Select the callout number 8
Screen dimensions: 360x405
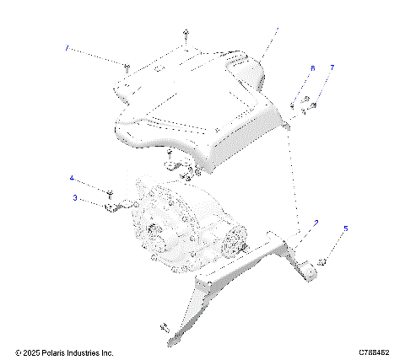311,67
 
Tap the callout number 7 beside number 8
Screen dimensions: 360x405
332,67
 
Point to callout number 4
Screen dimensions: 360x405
72,178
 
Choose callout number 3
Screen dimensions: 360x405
75,198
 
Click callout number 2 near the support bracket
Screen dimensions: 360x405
316,223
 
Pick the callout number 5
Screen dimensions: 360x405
344,228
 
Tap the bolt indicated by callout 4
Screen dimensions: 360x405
110,193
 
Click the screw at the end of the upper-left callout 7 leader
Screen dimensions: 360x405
126,67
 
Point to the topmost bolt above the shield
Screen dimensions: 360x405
185,35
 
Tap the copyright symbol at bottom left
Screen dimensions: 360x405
18,352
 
